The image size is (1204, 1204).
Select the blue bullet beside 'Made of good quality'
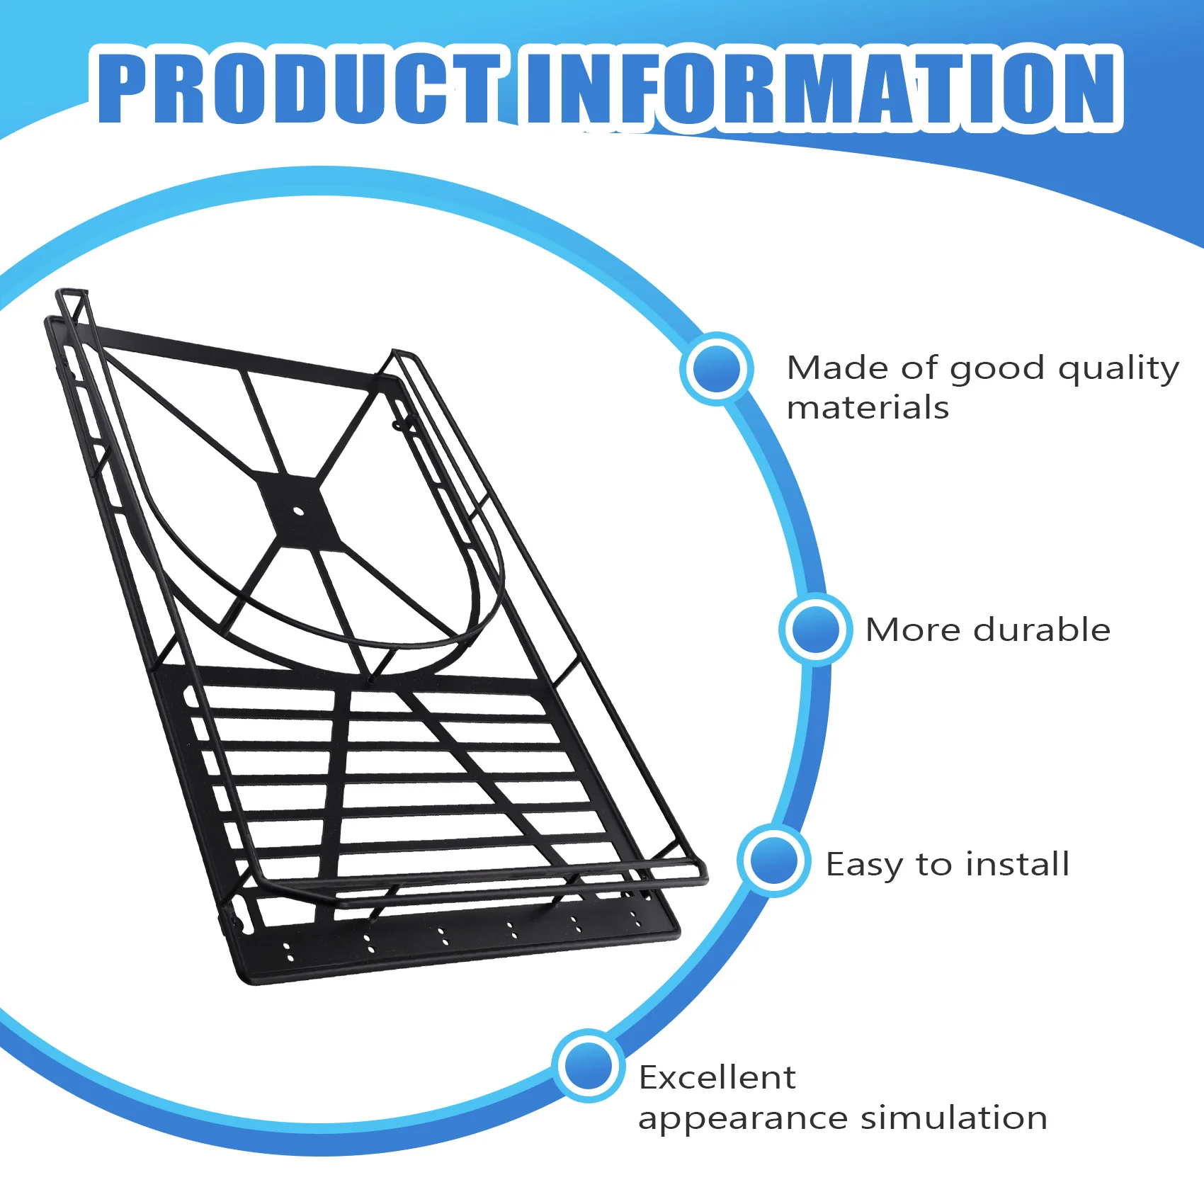point(716,368)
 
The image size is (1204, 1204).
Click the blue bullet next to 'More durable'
point(815,629)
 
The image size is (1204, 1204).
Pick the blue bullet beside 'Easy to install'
point(773,861)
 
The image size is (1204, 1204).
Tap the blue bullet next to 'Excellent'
point(588,1066)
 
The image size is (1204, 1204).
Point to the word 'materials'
point(868,409)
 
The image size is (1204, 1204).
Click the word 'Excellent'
point(717,1078)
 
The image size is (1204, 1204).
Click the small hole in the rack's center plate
point(297,511)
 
